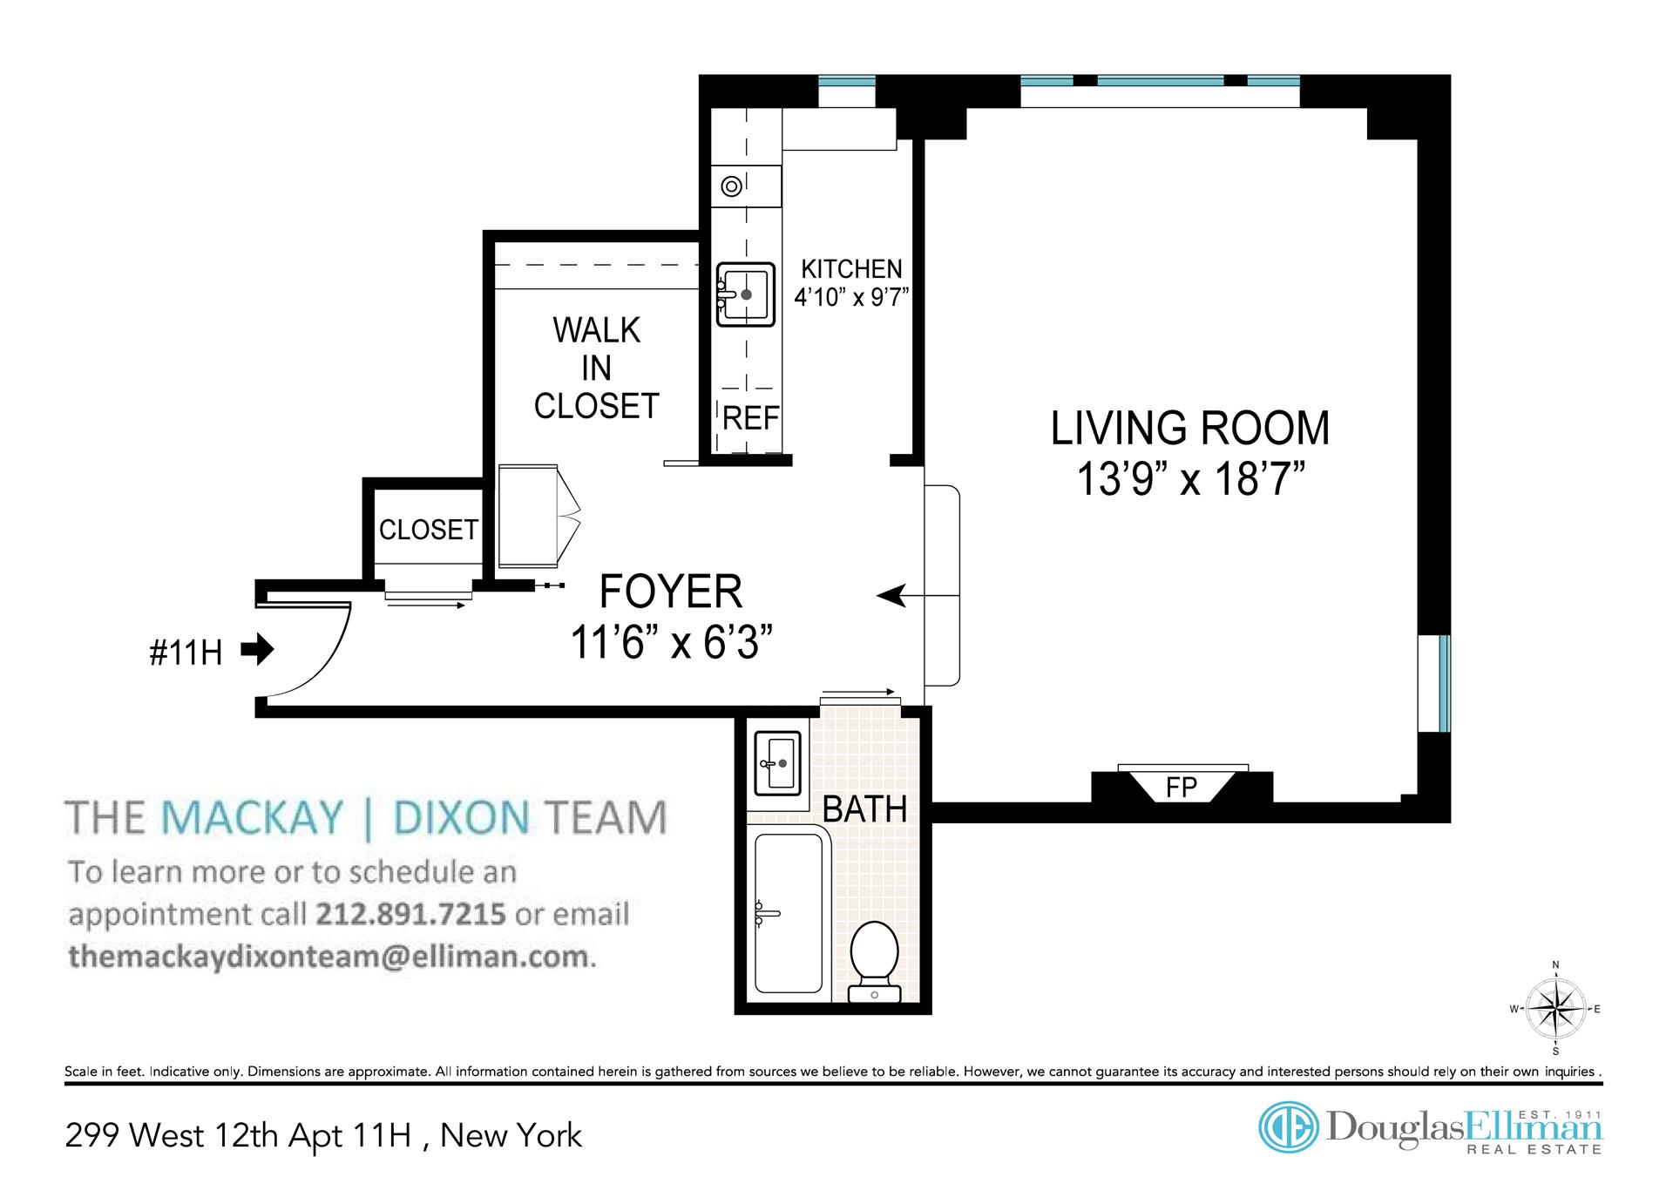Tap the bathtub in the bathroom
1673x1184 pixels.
[x=789, y=912]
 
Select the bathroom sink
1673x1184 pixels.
[x=776, y=764]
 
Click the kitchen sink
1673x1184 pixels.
[x=746, y=294]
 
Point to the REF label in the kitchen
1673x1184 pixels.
[x=750, y=419]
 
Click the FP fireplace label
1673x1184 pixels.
[x=1182, y=788]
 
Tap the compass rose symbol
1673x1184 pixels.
[x=1556, y=1009]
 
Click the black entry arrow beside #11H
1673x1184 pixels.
[x=258, y=649]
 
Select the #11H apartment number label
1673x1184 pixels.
[x=186, y=653]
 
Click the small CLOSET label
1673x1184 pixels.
[x=428, y=529]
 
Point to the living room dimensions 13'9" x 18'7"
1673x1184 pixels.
[x=1191, y=478]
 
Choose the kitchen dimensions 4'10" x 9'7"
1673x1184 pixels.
[x=851, y=297]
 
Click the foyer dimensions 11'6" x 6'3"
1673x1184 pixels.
[x=671, y=643]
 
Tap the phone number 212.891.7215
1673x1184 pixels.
[x=410, y=914]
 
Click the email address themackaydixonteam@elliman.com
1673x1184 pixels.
[x=329, y=957]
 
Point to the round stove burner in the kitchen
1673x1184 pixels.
[x=732, y=186]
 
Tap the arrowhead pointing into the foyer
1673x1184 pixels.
[x=890, y=596]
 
